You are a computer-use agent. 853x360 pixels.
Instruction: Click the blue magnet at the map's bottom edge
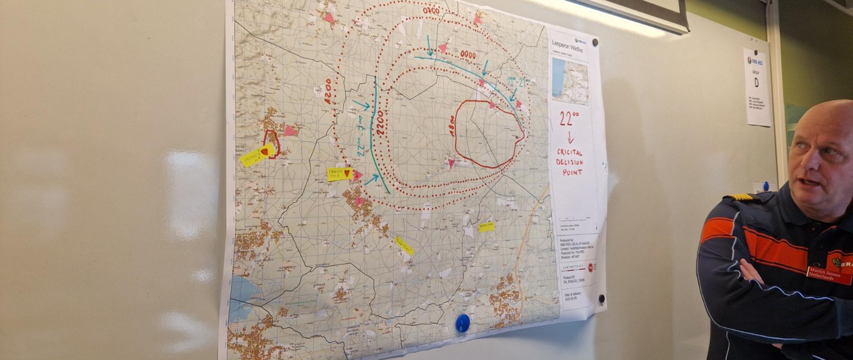(462, 323)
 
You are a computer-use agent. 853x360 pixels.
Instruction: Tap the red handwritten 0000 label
(468, 55)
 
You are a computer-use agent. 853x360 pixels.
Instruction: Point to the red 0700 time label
(431, 11)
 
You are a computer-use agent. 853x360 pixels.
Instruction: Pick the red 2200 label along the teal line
(379, 123)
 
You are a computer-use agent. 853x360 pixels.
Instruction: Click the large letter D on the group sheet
(756, 83)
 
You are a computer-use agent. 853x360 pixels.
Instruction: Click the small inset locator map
(570, 81)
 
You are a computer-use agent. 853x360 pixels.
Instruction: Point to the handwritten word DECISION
(570, 162)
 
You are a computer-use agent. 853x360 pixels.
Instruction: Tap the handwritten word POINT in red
(572, 172)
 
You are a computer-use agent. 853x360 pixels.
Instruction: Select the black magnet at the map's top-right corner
(595, 42)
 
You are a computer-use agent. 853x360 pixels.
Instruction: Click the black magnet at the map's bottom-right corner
(602, 298)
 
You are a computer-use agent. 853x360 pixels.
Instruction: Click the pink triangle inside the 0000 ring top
(442, 48)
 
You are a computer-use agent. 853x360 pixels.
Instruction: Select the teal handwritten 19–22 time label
(518, 81)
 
